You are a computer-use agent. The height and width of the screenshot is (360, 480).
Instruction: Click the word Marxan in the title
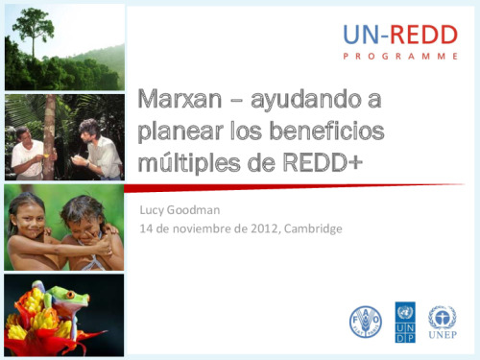[x=180, y=99]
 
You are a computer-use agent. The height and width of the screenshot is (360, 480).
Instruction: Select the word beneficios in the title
[x=327, y=131]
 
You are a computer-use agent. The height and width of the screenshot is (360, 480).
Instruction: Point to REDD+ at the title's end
[x=323, y=162]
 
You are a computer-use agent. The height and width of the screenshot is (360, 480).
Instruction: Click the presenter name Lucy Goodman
[x=180, y=210]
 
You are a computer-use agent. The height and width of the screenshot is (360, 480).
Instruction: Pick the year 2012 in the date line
[x=264, y=228]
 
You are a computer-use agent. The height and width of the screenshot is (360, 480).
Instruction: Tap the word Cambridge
[x=313, y=229]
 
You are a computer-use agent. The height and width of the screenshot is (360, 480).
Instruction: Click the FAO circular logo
[x=366, y=322]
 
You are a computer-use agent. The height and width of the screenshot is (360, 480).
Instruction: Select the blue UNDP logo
[x=405, y=322]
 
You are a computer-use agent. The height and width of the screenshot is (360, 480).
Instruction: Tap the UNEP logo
[x=443, y=322]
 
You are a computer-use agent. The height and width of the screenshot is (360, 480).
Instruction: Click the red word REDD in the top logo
[x=424, y=35]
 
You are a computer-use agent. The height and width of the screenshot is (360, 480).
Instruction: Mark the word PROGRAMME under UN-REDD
[x=400, y=57]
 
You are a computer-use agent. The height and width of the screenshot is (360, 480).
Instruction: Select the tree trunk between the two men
[x=50, y=137]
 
